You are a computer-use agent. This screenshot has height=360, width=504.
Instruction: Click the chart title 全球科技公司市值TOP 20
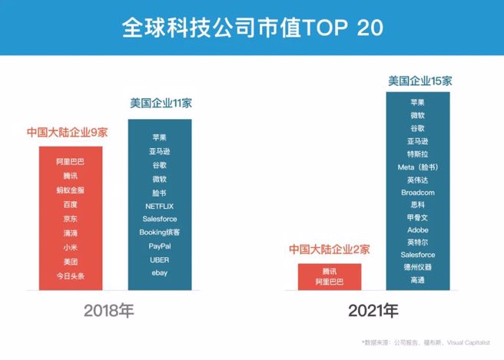click(x=252, y=28)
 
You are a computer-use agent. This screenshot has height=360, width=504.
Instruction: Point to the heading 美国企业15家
click(x=419, y=80)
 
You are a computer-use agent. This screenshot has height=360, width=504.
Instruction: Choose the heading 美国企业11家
click(x=160, y=104)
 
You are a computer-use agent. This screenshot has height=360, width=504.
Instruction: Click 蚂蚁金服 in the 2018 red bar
click(x=71, y=190)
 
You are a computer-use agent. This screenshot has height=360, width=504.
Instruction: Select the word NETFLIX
click(x=160, y=206)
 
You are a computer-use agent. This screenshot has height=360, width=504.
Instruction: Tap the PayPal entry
click(x=160, y=246)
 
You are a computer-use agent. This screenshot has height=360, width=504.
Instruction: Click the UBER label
click(x=160, y=259)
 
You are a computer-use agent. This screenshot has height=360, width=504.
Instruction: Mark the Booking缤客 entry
click(x=160, y=232)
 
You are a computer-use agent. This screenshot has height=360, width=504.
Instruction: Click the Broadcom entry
click(x=419, y=192)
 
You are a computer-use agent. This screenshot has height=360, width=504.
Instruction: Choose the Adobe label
click(x=419, y=230)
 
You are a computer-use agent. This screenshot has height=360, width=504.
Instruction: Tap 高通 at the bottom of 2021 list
click(x=419, y=280)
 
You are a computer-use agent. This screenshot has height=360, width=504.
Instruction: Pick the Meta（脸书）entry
click(x=419, y=167)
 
